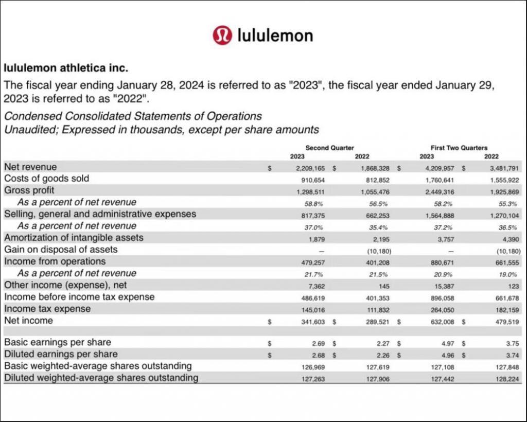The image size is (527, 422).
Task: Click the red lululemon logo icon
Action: pos(222,35)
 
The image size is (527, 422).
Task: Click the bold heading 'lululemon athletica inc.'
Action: pos(66,67)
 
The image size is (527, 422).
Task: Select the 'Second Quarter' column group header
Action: pos(329,148)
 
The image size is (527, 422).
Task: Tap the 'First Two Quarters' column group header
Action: pos(459,148)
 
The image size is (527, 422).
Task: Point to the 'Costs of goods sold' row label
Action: pos(46,179)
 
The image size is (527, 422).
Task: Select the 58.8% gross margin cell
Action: pos(317,203)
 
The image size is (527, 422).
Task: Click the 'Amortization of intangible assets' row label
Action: pos(74,238)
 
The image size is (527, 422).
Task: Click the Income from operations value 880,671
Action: pos(442,262)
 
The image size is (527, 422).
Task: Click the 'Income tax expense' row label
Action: pos(47,309)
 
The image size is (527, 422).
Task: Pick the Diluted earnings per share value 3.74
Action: pos(512,355)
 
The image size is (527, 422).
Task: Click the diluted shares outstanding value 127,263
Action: pos(314,379)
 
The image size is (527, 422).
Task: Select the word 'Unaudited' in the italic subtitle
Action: pos(31,130)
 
